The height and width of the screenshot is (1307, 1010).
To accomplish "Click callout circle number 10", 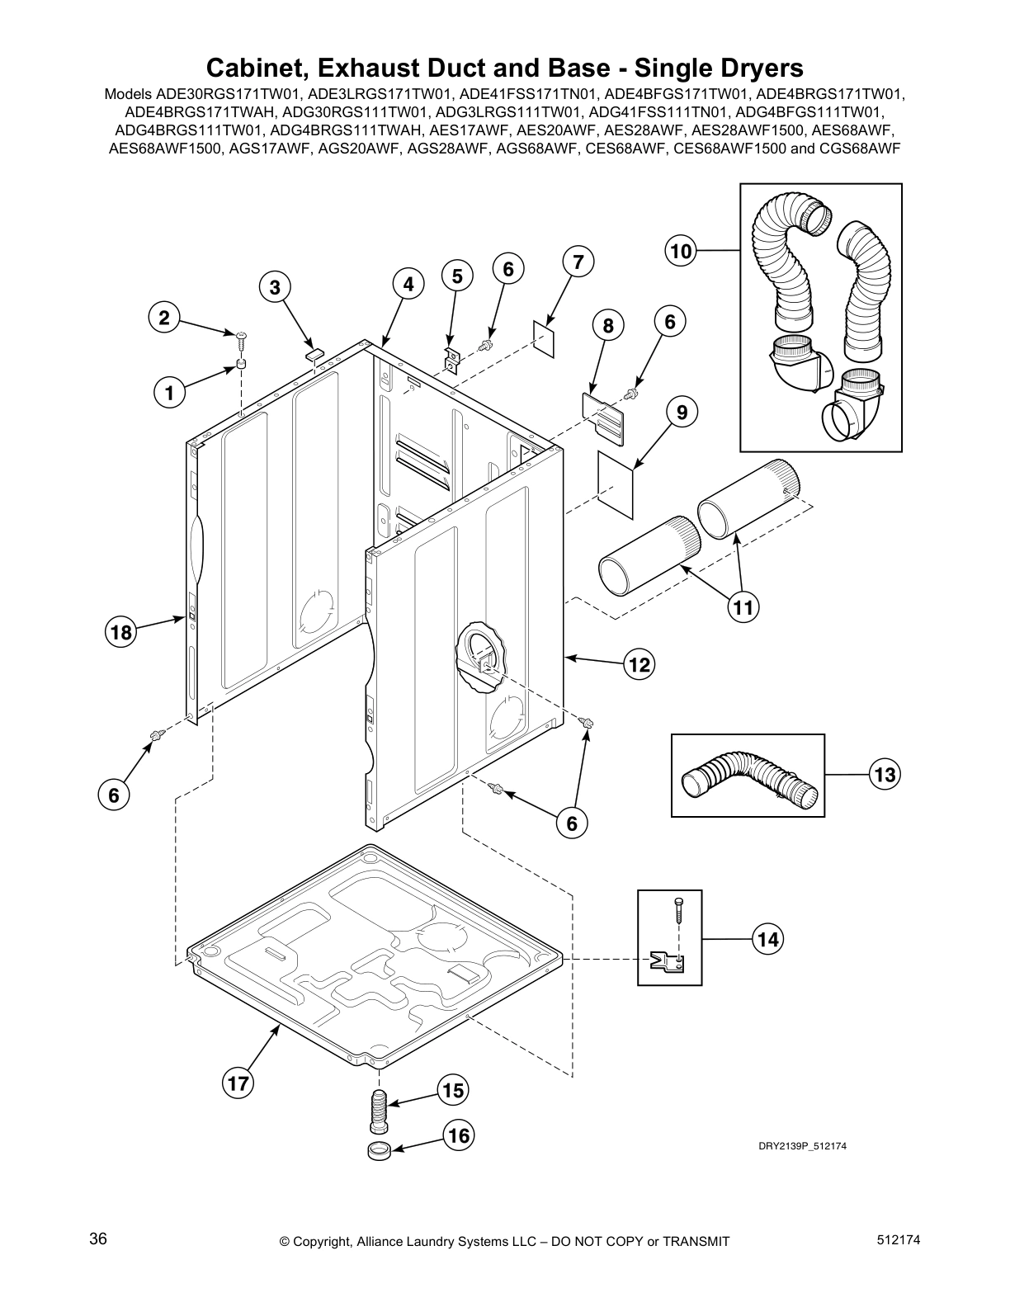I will (681, 250).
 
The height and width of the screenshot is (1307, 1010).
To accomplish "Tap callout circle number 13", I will (885, 775).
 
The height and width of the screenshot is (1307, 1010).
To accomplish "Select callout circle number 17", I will (238, 1083).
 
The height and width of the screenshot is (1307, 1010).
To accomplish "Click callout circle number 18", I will (120, 633).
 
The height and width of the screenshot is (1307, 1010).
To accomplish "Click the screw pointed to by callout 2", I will (241, 335).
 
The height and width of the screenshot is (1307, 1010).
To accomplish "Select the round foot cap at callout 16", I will (378, 1151).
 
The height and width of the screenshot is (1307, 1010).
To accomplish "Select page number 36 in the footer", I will (98, 1239).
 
